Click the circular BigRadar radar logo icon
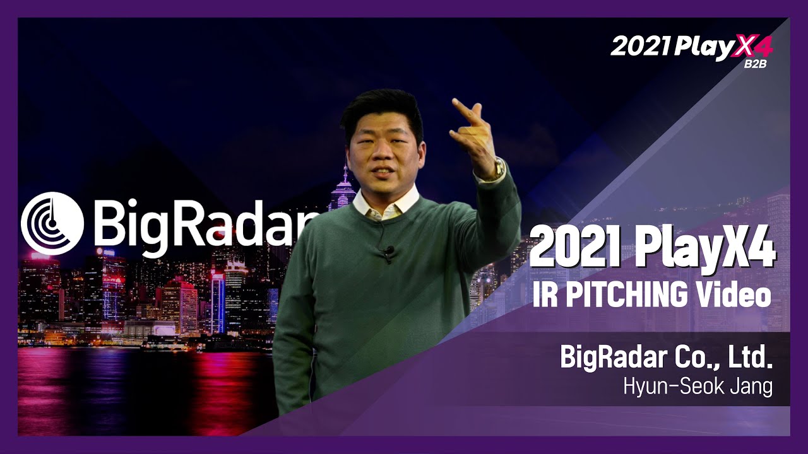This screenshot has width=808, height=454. point(52,223)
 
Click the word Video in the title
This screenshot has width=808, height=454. point(735,294)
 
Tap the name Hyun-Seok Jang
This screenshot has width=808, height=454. point(698,386)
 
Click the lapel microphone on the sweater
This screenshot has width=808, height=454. point(388,252)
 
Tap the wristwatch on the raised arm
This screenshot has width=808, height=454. point(499,168)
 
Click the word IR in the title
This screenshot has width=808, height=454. point(544,294)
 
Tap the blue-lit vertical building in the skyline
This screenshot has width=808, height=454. point(218,303)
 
